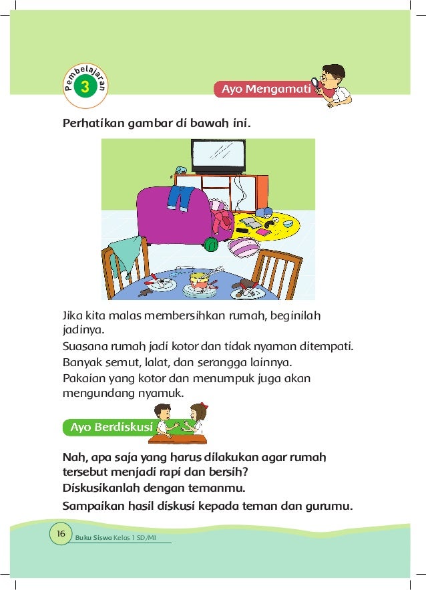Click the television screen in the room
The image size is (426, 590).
coord(218,156)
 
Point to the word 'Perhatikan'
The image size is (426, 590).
coord(87,124)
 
